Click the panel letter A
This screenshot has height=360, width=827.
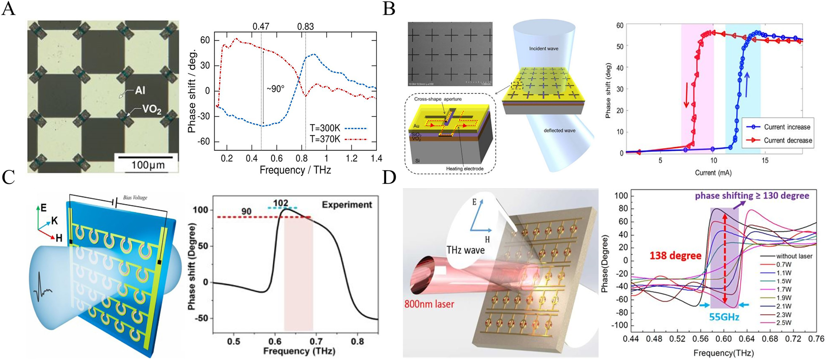click(8, 8)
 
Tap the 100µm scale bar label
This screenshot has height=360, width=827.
click(148, 165)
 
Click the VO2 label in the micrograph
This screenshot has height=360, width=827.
click(151, 110)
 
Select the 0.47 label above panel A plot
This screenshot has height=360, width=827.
click(261, 27)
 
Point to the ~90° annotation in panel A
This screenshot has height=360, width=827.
click(275, 89)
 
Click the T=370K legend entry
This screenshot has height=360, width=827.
click(325, 139)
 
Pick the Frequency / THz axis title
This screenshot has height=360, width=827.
click(295, 170)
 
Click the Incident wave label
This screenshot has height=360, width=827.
click(544, 49)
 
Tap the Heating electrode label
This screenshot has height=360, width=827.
click(465, 168)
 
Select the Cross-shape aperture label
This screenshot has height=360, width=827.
click(438, 99)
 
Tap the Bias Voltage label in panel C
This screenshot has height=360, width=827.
click(135, 197)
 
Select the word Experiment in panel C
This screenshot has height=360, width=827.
click(347, 205)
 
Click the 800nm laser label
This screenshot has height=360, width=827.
click(429, 304)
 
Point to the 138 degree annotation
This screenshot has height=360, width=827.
click(675, 255)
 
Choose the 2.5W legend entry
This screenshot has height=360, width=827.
click(783, 323)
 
